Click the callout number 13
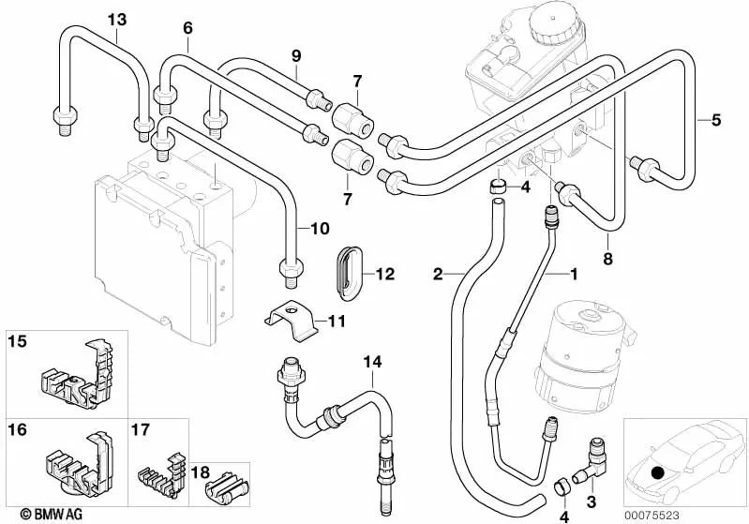click(115, 20)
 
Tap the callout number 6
click(187, 28)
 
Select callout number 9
click(295, 56)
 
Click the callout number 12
click(386, 275)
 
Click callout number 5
click(715, 119)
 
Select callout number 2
click(438, 274)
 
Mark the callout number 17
click(141, 430)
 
